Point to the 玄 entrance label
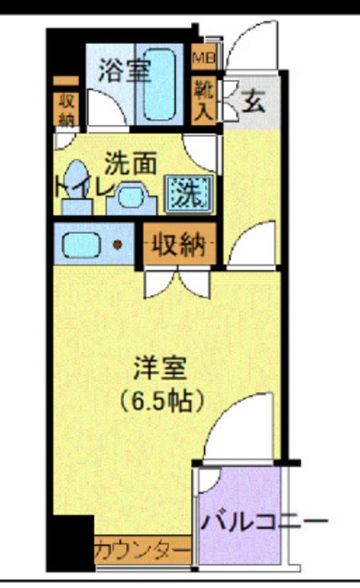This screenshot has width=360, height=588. pyautogui.click(x=253, y=101)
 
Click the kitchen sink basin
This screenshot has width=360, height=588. pyautogui.click(x=81, y=244)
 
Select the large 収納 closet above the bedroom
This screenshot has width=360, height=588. pyautogui.click(x=180, y=244)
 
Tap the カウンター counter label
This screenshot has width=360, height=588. pyautogui.click(x=142, y=550)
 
